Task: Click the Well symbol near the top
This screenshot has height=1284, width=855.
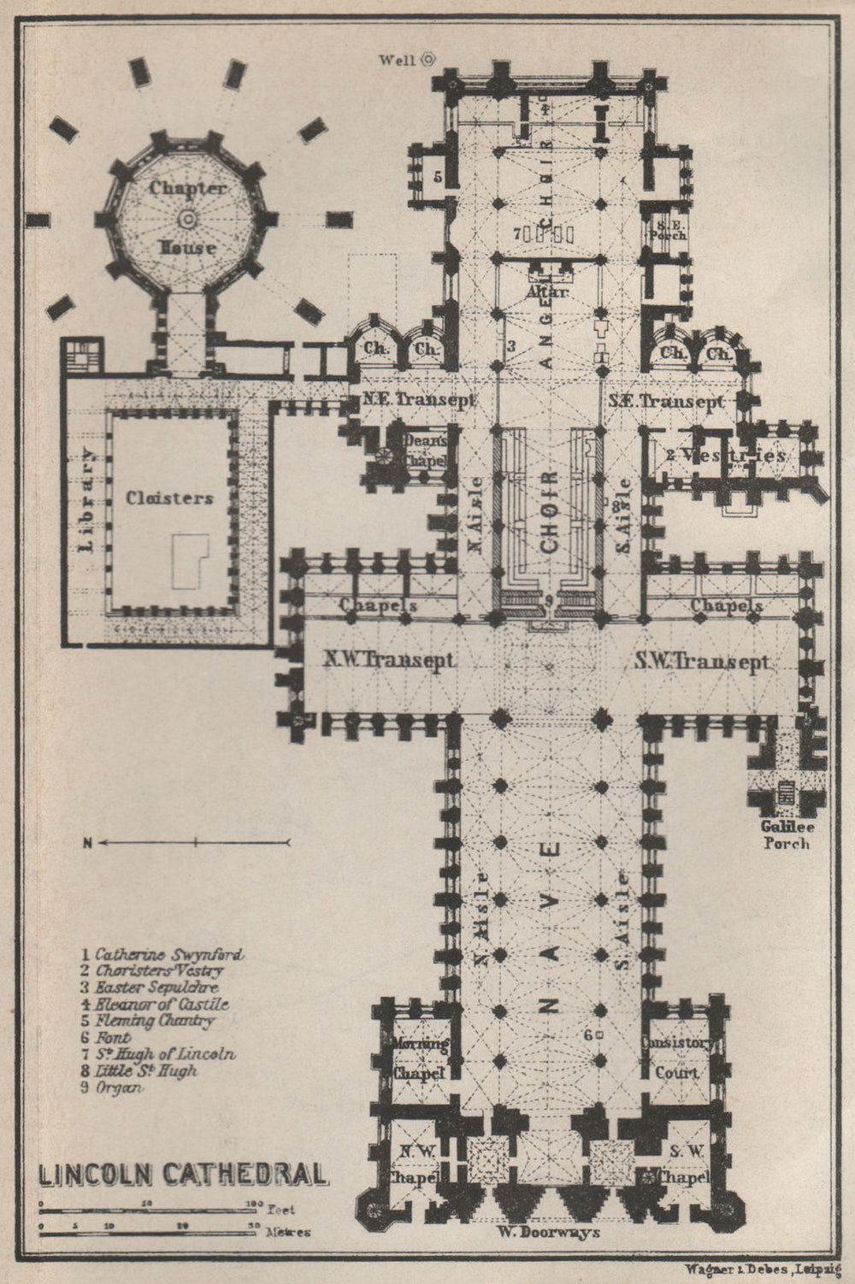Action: point(427,60)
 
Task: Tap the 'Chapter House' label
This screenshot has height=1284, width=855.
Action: point(187,218)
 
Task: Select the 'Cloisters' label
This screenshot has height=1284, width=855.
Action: point(169,498)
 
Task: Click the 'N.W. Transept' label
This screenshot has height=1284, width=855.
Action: point(388,660)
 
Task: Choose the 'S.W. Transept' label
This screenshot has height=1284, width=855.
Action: point(702,661)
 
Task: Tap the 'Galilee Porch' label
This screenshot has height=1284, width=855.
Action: point(785,835)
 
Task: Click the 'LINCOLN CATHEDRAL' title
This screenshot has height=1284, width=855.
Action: point(183,1173)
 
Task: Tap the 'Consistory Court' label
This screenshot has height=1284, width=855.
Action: point(676,1057)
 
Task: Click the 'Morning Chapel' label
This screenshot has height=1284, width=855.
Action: point(420,1058)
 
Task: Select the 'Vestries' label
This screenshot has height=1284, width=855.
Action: point(725,455)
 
